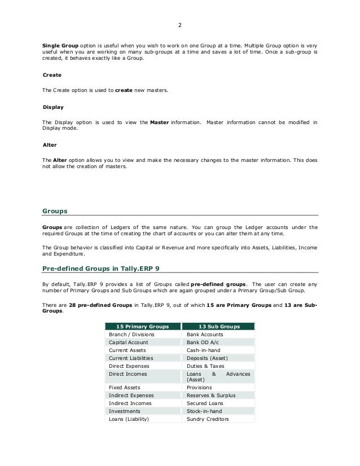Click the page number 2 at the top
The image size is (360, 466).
tap(180, 25)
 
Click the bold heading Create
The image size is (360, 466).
tap(52, 74)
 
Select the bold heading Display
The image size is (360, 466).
tap(53, 107)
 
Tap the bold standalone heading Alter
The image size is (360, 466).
tap(50, 145)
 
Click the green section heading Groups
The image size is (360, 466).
tap(55, 211)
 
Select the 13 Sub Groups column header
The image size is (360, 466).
tap(219, 326)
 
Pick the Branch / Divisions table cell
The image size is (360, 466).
tap(131, 335)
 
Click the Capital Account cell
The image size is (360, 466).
tap(129, 342)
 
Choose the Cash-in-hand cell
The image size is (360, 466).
tap(203, 350)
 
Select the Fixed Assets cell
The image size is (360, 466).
tap(125, 388)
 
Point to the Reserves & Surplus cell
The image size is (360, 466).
tap(212, 395)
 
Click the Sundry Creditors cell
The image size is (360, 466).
tap(208, 419)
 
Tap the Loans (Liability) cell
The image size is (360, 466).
tap(129, 419)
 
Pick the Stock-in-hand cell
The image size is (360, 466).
tap(204, 411)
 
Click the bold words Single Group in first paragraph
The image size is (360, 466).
tap(59, 44)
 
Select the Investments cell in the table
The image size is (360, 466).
tap(125, 411)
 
